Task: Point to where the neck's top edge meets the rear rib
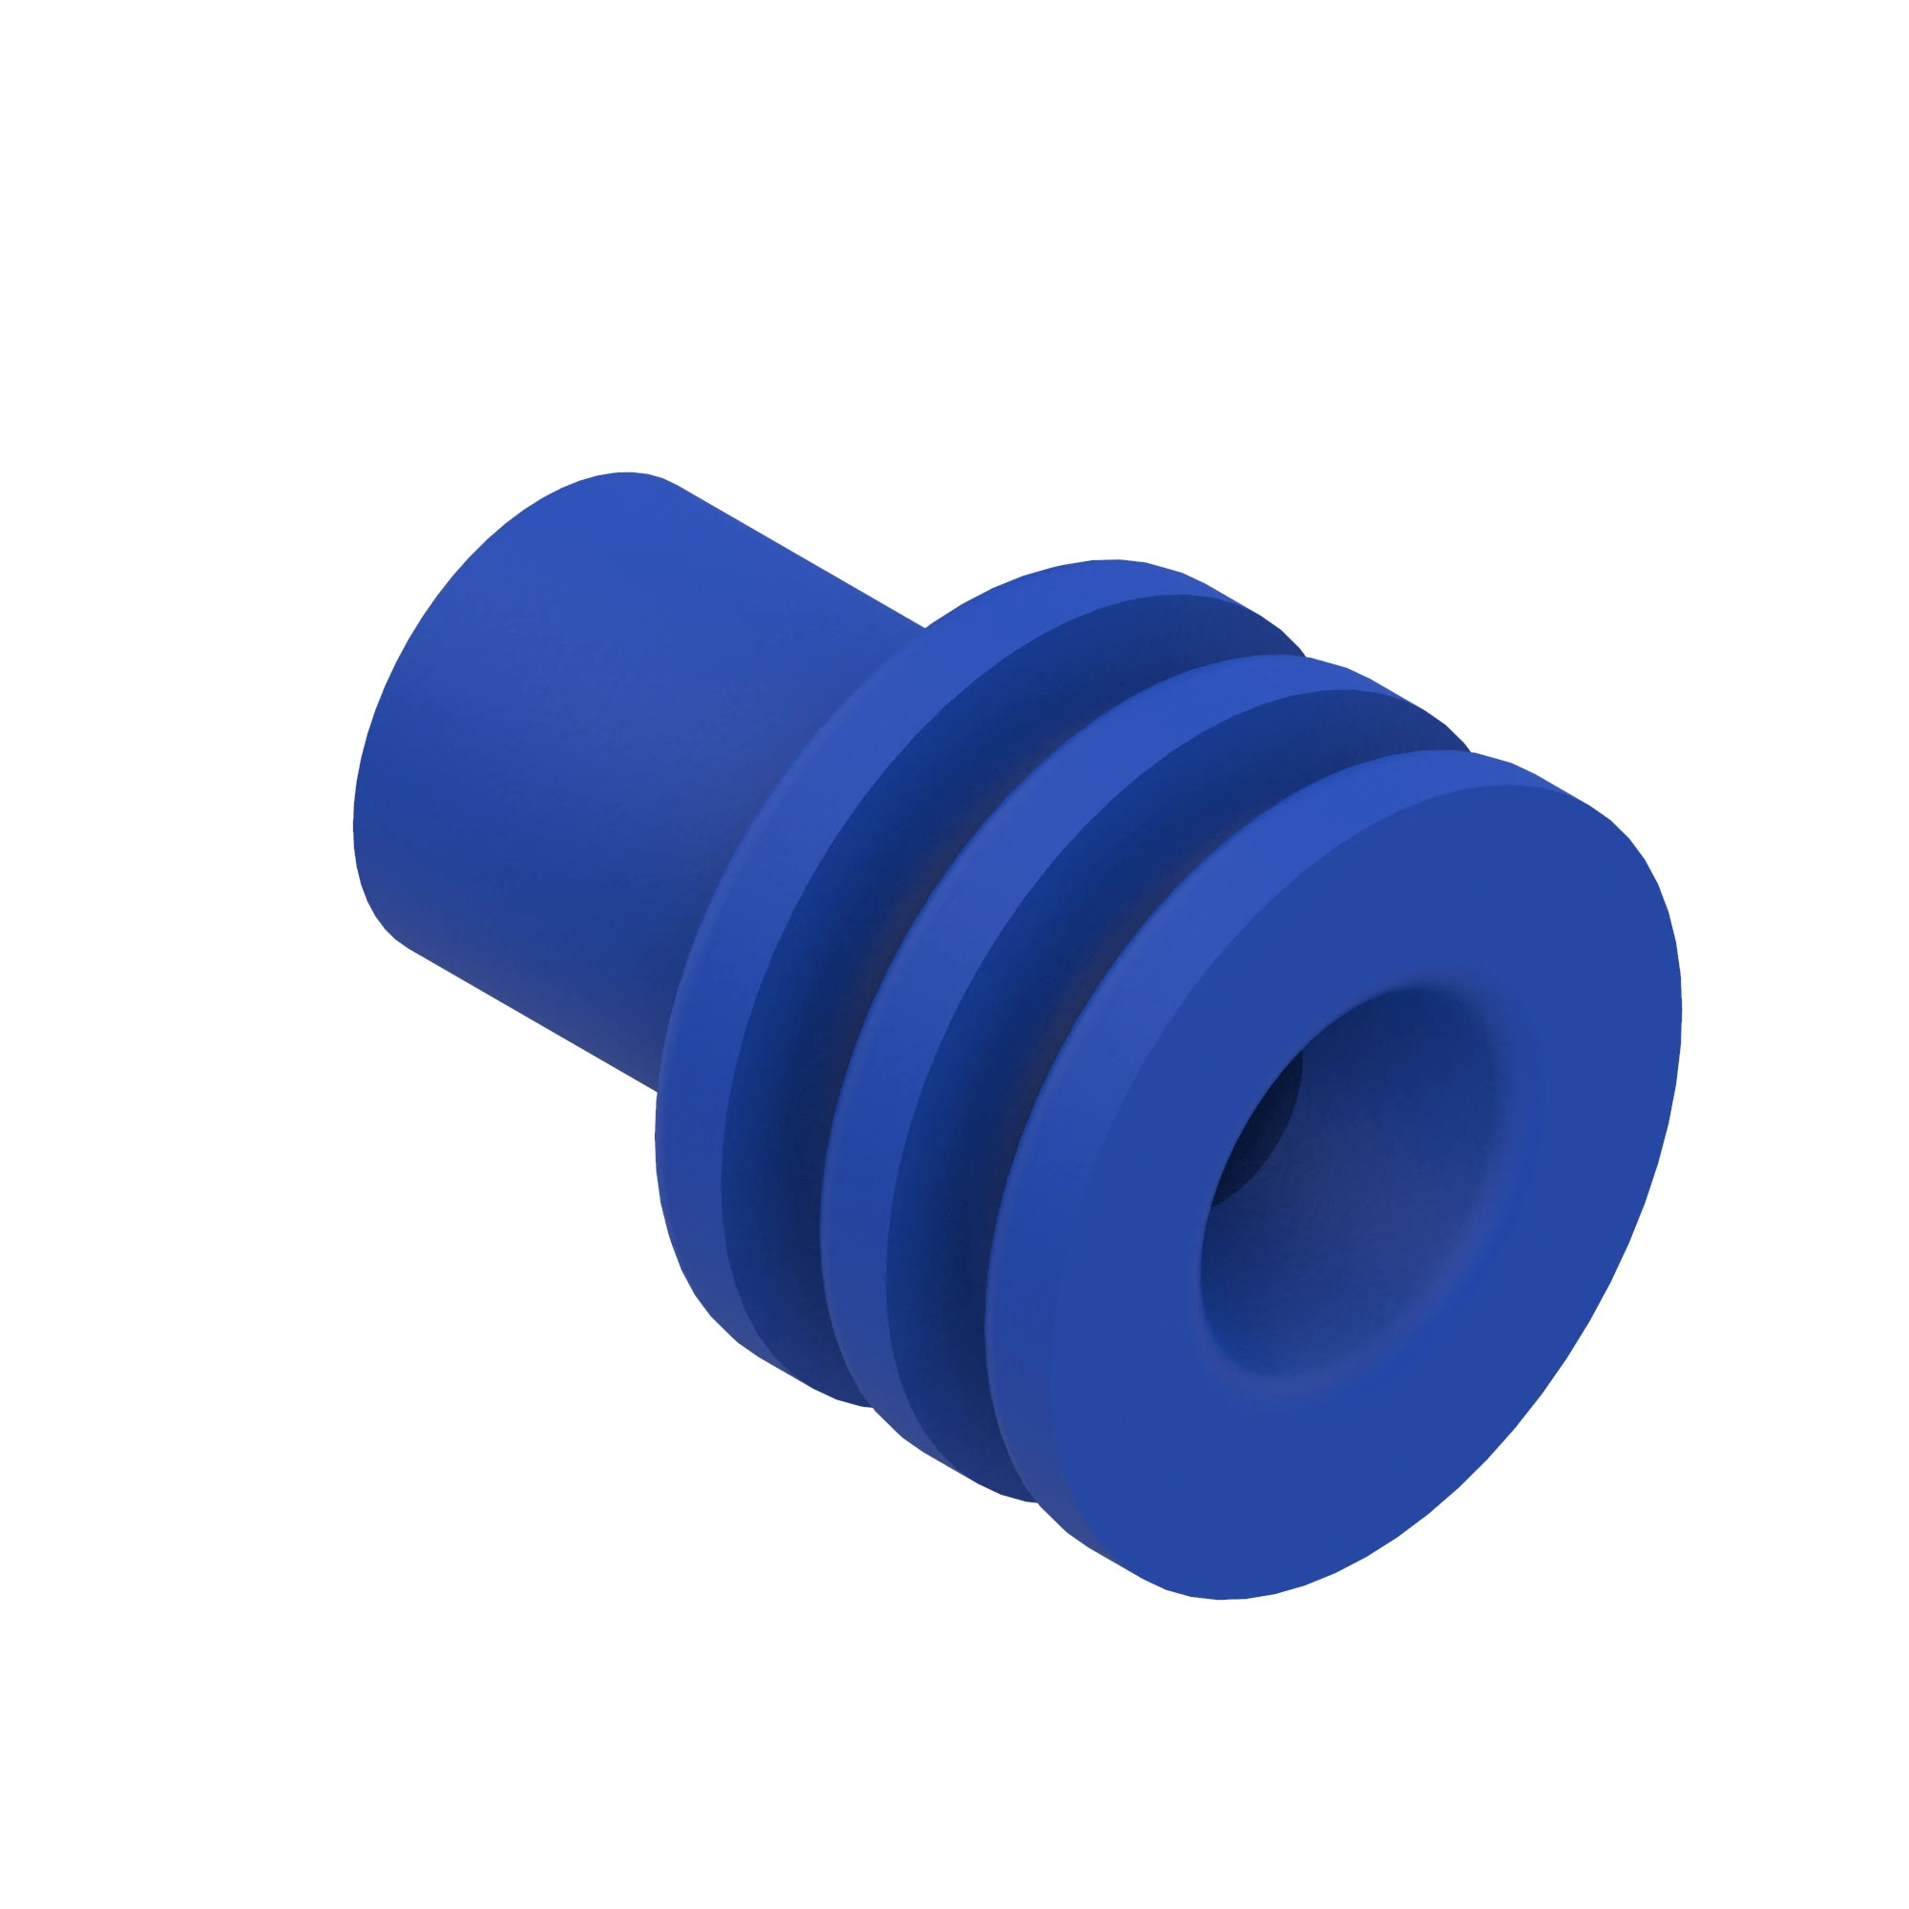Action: click(925, 626)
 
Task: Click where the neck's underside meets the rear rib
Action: click(658, 1091)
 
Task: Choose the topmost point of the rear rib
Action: click(1117, 560)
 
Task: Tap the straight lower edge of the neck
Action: click(534, 1017)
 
